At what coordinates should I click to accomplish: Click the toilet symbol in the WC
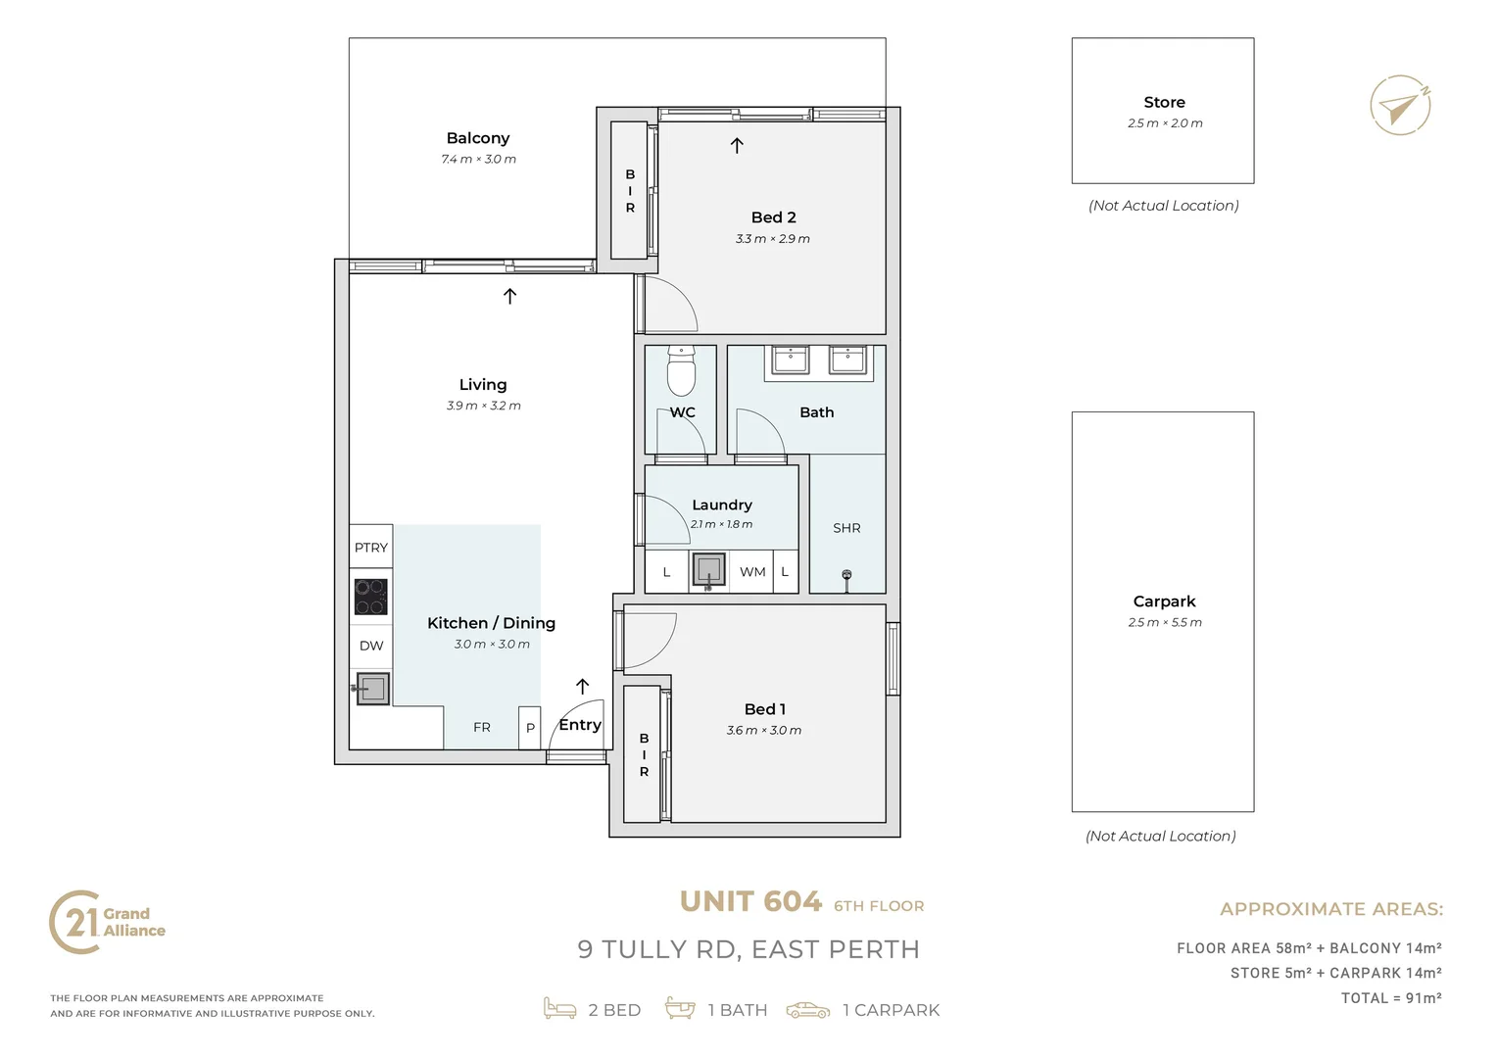pos(681,371)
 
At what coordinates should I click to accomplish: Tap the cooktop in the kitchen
pos(371,597)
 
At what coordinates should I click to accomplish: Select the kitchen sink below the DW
pos(371,688)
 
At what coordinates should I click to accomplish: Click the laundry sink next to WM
pos(708,570)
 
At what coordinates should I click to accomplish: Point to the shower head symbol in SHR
pos(846,580)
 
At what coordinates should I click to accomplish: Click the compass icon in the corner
pos(1400,106)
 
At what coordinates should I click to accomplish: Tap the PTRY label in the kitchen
pos(371,548)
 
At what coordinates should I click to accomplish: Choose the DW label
pos(371,646)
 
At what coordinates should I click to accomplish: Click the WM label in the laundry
pos(752,572)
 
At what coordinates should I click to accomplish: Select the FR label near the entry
pos(482,727)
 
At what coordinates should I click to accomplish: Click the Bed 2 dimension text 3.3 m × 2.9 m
pos(773,239)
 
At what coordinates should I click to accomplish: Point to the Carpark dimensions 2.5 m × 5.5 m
pos(1165,622)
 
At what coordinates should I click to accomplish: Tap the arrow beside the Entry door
pos(582,687)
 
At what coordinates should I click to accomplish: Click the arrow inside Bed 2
pos(737,146)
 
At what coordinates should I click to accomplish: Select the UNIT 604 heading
pos(750,901)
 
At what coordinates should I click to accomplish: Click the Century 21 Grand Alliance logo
pos(107,923)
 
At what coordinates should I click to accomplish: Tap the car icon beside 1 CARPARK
pos(808,1010)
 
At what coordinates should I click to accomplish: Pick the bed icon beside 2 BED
pos(559,1009)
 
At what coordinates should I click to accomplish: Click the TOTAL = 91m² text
pos(1391,998)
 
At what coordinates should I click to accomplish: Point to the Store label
pos(1164,102)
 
